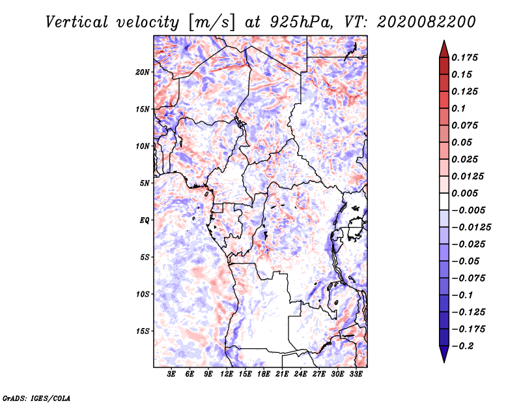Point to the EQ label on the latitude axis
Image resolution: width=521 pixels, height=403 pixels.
[x=145, y=220]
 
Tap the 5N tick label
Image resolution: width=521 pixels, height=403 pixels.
[x=145, y=183]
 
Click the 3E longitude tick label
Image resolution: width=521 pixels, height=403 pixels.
[x=172, y=374]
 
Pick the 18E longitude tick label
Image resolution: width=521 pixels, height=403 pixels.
[x=264, y=374]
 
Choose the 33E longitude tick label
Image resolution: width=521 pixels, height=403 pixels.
[x=356, y=374]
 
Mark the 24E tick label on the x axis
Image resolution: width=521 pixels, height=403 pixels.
[x=301, y=374]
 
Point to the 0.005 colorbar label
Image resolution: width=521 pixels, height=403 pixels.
[x=467, y=193]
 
